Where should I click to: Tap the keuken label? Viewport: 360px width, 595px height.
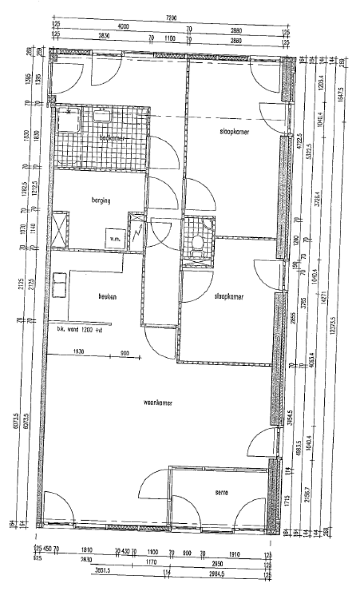point(107,296)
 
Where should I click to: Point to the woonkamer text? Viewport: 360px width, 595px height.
point(156,402)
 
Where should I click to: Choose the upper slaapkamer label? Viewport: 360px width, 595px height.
point(234,132)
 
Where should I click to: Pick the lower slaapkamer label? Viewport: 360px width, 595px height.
point(229,296)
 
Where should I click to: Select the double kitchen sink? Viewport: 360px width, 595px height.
point(59,285)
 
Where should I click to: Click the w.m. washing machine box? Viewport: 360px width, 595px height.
point(114,238)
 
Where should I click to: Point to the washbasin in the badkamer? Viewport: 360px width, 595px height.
point(101,114)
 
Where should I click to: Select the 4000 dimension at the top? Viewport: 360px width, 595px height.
point(123,26)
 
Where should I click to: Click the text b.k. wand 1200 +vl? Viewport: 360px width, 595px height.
point(80,329)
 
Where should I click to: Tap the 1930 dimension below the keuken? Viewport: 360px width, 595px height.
point(78,352)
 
